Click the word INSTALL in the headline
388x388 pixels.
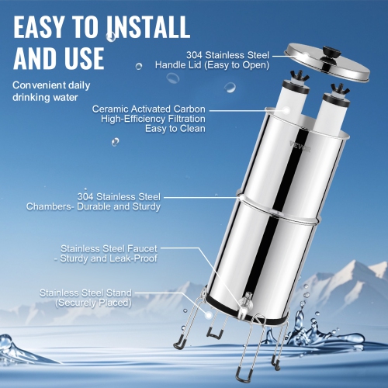(x=136, y=26)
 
